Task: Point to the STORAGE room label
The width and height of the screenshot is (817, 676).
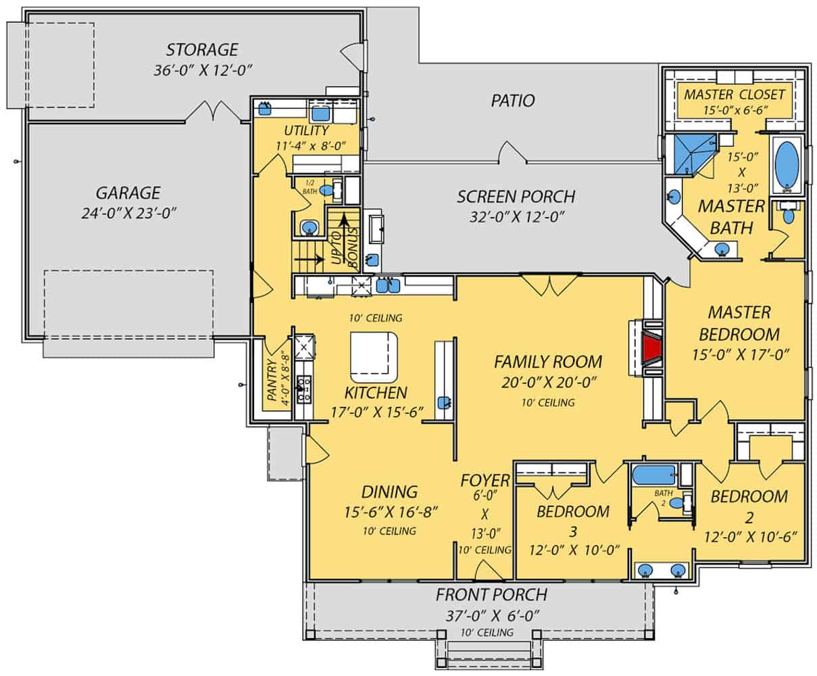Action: (202, 50)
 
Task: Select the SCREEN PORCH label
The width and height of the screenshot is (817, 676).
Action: (516, 197)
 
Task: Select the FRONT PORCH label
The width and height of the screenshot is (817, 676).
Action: (491, 596)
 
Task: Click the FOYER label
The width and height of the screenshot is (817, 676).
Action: (485, 481)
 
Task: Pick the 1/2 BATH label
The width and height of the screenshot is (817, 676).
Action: (310, 187)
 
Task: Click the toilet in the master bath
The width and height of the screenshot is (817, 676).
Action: (787, 216)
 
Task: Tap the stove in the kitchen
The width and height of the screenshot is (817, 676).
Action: (304, 388)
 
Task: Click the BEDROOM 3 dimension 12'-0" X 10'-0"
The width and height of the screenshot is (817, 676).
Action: (566, 550)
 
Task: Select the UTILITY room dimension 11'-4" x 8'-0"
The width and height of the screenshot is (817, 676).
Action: (306, 145)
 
